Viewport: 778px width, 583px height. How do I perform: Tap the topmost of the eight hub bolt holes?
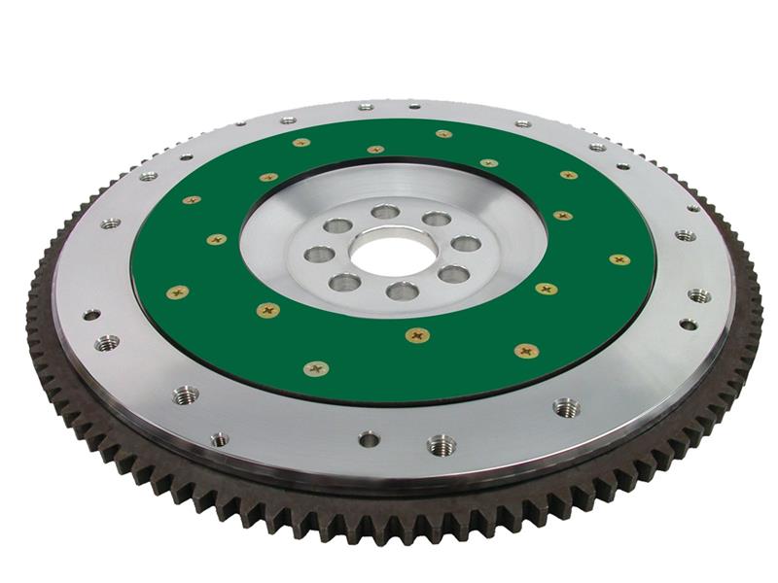pos(385,212)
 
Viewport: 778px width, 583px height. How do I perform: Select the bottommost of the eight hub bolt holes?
pos(402,291)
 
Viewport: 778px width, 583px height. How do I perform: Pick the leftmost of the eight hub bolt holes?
pos(319,255)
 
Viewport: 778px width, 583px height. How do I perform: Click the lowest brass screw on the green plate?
pos(316,368)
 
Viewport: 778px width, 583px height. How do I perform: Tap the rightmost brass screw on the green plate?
pos(619,259)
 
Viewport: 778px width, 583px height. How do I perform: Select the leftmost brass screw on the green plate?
pos(177,291)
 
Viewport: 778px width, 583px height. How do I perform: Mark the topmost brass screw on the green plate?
pos(442,134)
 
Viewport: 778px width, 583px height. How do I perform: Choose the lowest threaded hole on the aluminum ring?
pos(441,445)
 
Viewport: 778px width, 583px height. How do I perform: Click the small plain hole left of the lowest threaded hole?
pos(369,439)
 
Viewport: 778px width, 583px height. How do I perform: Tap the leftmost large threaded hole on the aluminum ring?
pos(107,342)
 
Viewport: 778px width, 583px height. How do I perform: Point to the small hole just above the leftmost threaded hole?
pos(91,315)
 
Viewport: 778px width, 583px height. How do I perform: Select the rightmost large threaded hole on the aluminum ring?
pos(699,295)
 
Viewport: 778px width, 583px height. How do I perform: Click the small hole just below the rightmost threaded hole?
pos(688,325)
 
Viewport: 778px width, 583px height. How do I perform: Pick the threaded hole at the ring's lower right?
pos(566,407)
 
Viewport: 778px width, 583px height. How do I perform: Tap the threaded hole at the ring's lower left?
pos(185,394)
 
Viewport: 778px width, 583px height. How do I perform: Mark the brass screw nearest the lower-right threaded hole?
pos(527,350)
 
